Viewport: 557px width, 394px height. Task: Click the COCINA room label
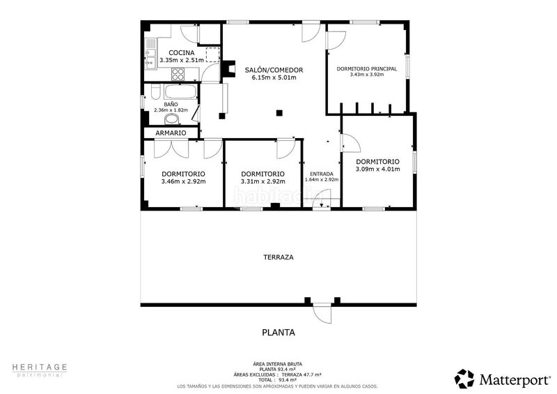click(182, 53)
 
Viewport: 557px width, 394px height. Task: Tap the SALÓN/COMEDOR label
click(274, 70)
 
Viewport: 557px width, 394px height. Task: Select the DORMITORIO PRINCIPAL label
click(367, 69)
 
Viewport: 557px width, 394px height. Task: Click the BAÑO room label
click(171, 105)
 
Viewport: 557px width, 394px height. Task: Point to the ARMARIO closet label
click(171, 132)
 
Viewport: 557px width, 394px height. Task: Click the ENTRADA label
click(322, 174)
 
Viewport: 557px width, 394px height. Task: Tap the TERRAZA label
click(278, 257)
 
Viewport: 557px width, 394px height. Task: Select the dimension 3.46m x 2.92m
click(183, 181)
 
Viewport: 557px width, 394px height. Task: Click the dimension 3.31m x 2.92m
click(263, 181)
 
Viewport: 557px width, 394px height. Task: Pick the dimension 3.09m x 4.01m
click(377, 169)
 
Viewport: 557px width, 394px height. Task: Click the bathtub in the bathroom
click(180, 92)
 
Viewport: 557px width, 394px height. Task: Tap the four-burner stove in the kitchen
click(178, 74)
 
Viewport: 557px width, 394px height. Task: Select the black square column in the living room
click(279, 113)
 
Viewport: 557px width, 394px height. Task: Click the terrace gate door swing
click(322, 312)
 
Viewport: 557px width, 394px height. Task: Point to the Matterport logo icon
click(464, 379)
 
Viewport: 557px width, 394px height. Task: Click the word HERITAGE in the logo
click(40, 367)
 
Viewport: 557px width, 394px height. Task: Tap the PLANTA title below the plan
click(278, 333)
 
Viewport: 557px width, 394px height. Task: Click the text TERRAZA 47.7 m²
click(301, 374)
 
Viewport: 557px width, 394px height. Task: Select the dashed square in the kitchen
click(213, 54)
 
